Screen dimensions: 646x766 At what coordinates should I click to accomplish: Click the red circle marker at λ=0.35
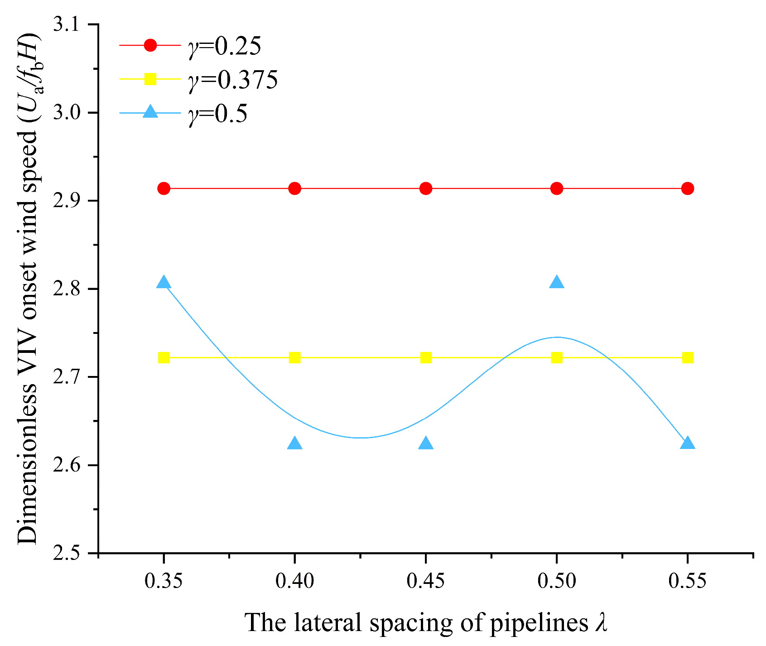tap(164, 188)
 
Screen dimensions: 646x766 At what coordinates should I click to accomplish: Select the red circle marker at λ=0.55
tap(688, 188)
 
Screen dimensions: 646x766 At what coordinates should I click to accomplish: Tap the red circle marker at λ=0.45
tap(426, 188)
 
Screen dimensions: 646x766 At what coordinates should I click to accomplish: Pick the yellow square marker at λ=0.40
tap(295, 357)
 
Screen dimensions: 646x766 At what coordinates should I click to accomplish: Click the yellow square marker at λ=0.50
tap(557, 357)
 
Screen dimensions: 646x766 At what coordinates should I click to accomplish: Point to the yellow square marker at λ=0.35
tap(164, 357)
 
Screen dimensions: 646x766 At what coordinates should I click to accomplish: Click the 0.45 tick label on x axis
tap(425, 581)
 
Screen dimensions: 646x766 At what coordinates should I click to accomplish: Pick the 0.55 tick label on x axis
tap(687, 581)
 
